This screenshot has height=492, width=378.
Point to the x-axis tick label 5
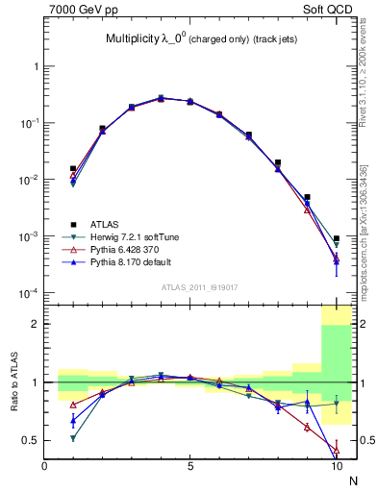click(190, 466)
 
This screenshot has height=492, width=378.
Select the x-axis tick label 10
click(336, 466)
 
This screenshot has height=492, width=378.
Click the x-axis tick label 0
click(45, 466)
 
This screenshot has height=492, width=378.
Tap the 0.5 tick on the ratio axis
click(31, 440)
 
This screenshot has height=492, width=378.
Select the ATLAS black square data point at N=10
click(337, 238)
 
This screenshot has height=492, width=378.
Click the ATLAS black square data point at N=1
click(73, 168)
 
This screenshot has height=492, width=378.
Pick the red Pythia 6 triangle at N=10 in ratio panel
click(337, 449)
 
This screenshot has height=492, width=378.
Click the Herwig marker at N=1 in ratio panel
click(73, 438)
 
